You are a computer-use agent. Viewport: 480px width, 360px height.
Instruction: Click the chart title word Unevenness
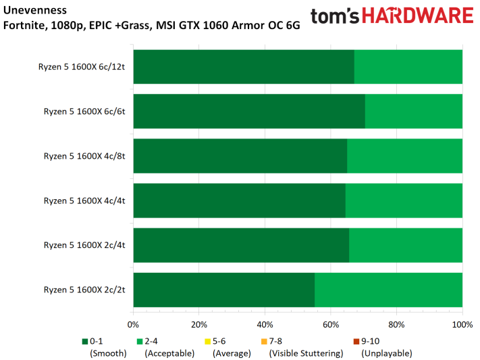click(34, 11)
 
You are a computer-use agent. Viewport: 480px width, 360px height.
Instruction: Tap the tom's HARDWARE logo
click(392, 16)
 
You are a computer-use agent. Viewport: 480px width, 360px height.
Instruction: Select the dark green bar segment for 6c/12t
click(243, 67)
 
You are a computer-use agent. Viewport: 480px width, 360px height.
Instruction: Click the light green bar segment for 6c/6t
click(413, 111)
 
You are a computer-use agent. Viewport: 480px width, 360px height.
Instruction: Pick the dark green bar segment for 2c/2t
click(223, 290)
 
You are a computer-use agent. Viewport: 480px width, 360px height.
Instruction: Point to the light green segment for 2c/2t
click(388, 290)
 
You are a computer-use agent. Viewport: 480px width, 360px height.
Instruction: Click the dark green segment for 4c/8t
click(240, 156)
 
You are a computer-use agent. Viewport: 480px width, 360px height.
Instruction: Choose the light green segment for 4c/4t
click(404, 201)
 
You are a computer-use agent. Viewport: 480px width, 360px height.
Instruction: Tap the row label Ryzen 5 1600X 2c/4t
click(84, 245)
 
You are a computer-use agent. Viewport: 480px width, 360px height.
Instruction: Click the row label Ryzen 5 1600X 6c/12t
click(82, 67)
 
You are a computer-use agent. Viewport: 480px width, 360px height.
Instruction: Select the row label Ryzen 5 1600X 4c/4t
click(84, 201)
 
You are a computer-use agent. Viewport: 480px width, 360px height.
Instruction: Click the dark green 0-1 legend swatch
click(85, 341)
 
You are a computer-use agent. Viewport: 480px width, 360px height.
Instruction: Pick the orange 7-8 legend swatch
click(264, 341)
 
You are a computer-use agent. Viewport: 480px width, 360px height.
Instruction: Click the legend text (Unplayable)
click(386, 353)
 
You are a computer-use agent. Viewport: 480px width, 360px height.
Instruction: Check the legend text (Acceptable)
click(169, 353)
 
